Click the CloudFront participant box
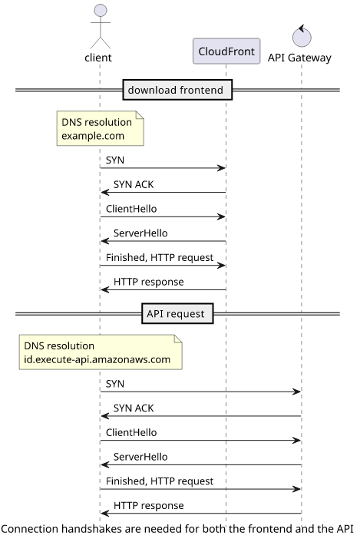click(x=226, y=51)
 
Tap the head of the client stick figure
click(x=101, y=11)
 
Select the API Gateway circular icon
click(x=302, y=37)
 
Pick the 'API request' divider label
click(x=177, y=313)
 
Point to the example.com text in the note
click(x=93, y=136)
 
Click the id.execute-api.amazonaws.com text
click(x=97, y=359)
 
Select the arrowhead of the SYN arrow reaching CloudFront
click(x=221, y=168)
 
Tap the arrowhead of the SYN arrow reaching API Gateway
click(x=296, y=392)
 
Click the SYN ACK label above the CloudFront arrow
click(x=134, y=184)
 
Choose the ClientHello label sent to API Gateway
click(x=131, y=432)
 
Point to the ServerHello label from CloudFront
click(x=140, y=233)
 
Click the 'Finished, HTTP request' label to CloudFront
click(x=160, y=257)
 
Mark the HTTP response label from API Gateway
click(x=149, y=506)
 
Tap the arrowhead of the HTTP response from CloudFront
click(x=105, y=289)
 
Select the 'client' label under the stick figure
click(x=98, y=58)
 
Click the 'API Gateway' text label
click(x=299, y=58)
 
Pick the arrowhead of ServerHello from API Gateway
click(x=105, y=465)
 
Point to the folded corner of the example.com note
click(x=140, y=114)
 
